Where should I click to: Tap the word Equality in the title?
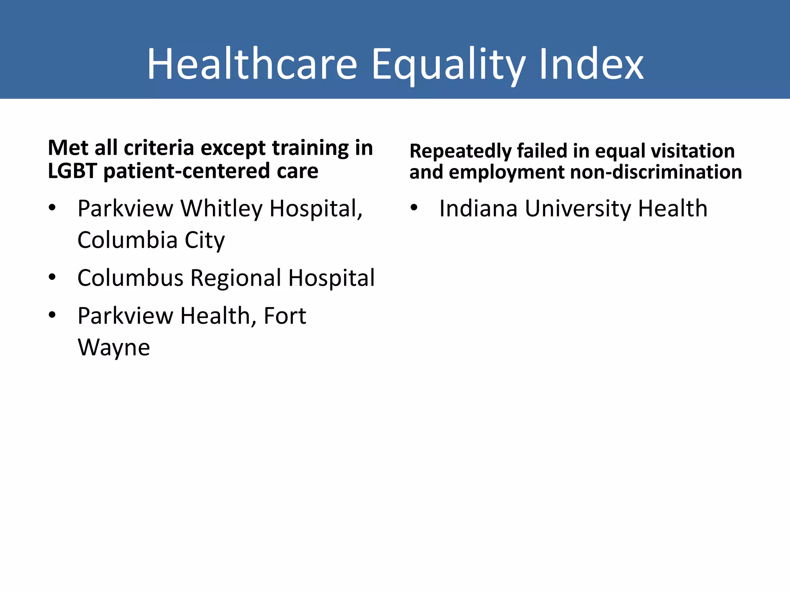[x=448, y=65]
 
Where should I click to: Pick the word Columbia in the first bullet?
[x=127, y=240]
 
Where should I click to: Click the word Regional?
[x=236, y=277]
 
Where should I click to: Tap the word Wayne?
[x=114, y=347]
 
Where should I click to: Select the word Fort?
[x=285, y=316]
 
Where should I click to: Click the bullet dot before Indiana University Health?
[x=414, y=208]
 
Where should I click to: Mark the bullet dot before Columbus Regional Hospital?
[x=52, y=277]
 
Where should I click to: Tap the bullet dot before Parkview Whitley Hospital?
[x=52, y=208]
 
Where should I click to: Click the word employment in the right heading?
[x=507, y=172]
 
